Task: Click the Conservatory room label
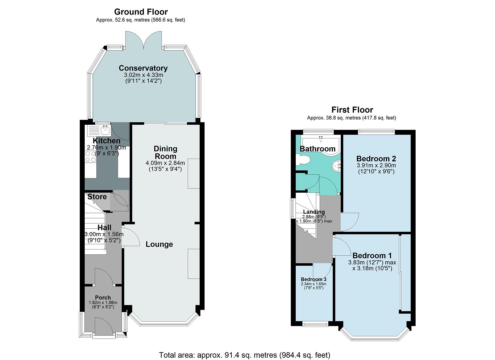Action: (143, 68)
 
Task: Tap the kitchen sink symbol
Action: (105, 129)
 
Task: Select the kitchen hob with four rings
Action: (90, 157)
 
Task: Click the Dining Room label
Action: (165, 152)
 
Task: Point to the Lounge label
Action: (159, 244)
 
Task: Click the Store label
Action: (97, 197)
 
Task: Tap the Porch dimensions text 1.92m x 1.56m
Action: (103, 303)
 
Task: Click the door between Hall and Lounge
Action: (131, 237)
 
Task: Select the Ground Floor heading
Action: (141, 12)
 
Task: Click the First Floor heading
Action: (352, 110)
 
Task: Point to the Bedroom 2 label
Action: (376, 159)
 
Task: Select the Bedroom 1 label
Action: (372, 256)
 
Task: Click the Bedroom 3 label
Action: (313, 279)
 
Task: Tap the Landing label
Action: (314, 212)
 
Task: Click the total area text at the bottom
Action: (244, 355)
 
